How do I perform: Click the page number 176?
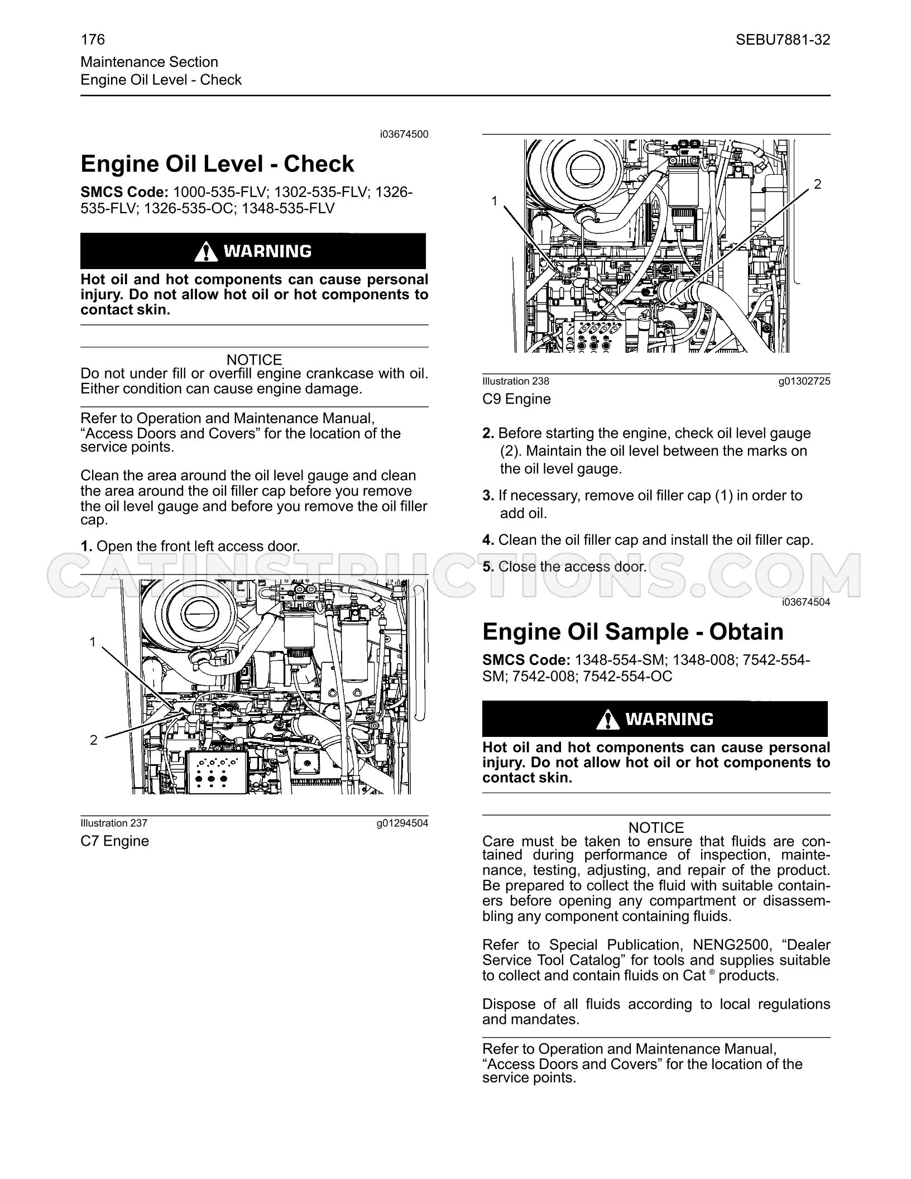(93, 40)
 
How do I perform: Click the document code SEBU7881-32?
(783, 40)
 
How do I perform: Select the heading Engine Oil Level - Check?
(217, 164)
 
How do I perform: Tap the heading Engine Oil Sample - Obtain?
(633, 632)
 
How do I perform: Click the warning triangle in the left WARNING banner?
(206, 252)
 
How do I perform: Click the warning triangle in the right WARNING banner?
(607, 720)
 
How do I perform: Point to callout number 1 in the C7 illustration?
(93, 643)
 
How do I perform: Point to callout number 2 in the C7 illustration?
(93, 740)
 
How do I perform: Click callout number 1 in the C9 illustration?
(494, 201)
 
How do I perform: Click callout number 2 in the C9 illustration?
(818, 184)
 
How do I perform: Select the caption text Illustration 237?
(114, 823)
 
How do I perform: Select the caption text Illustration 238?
(516, 381)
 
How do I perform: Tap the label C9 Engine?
(516, 399)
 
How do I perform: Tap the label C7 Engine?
(114, 841)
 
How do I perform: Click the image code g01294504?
(402, 823)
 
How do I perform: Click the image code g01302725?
(804, 381)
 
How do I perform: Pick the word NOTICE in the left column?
(255, 360)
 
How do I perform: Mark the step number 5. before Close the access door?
(488, 567)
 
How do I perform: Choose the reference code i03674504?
(806, 602)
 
